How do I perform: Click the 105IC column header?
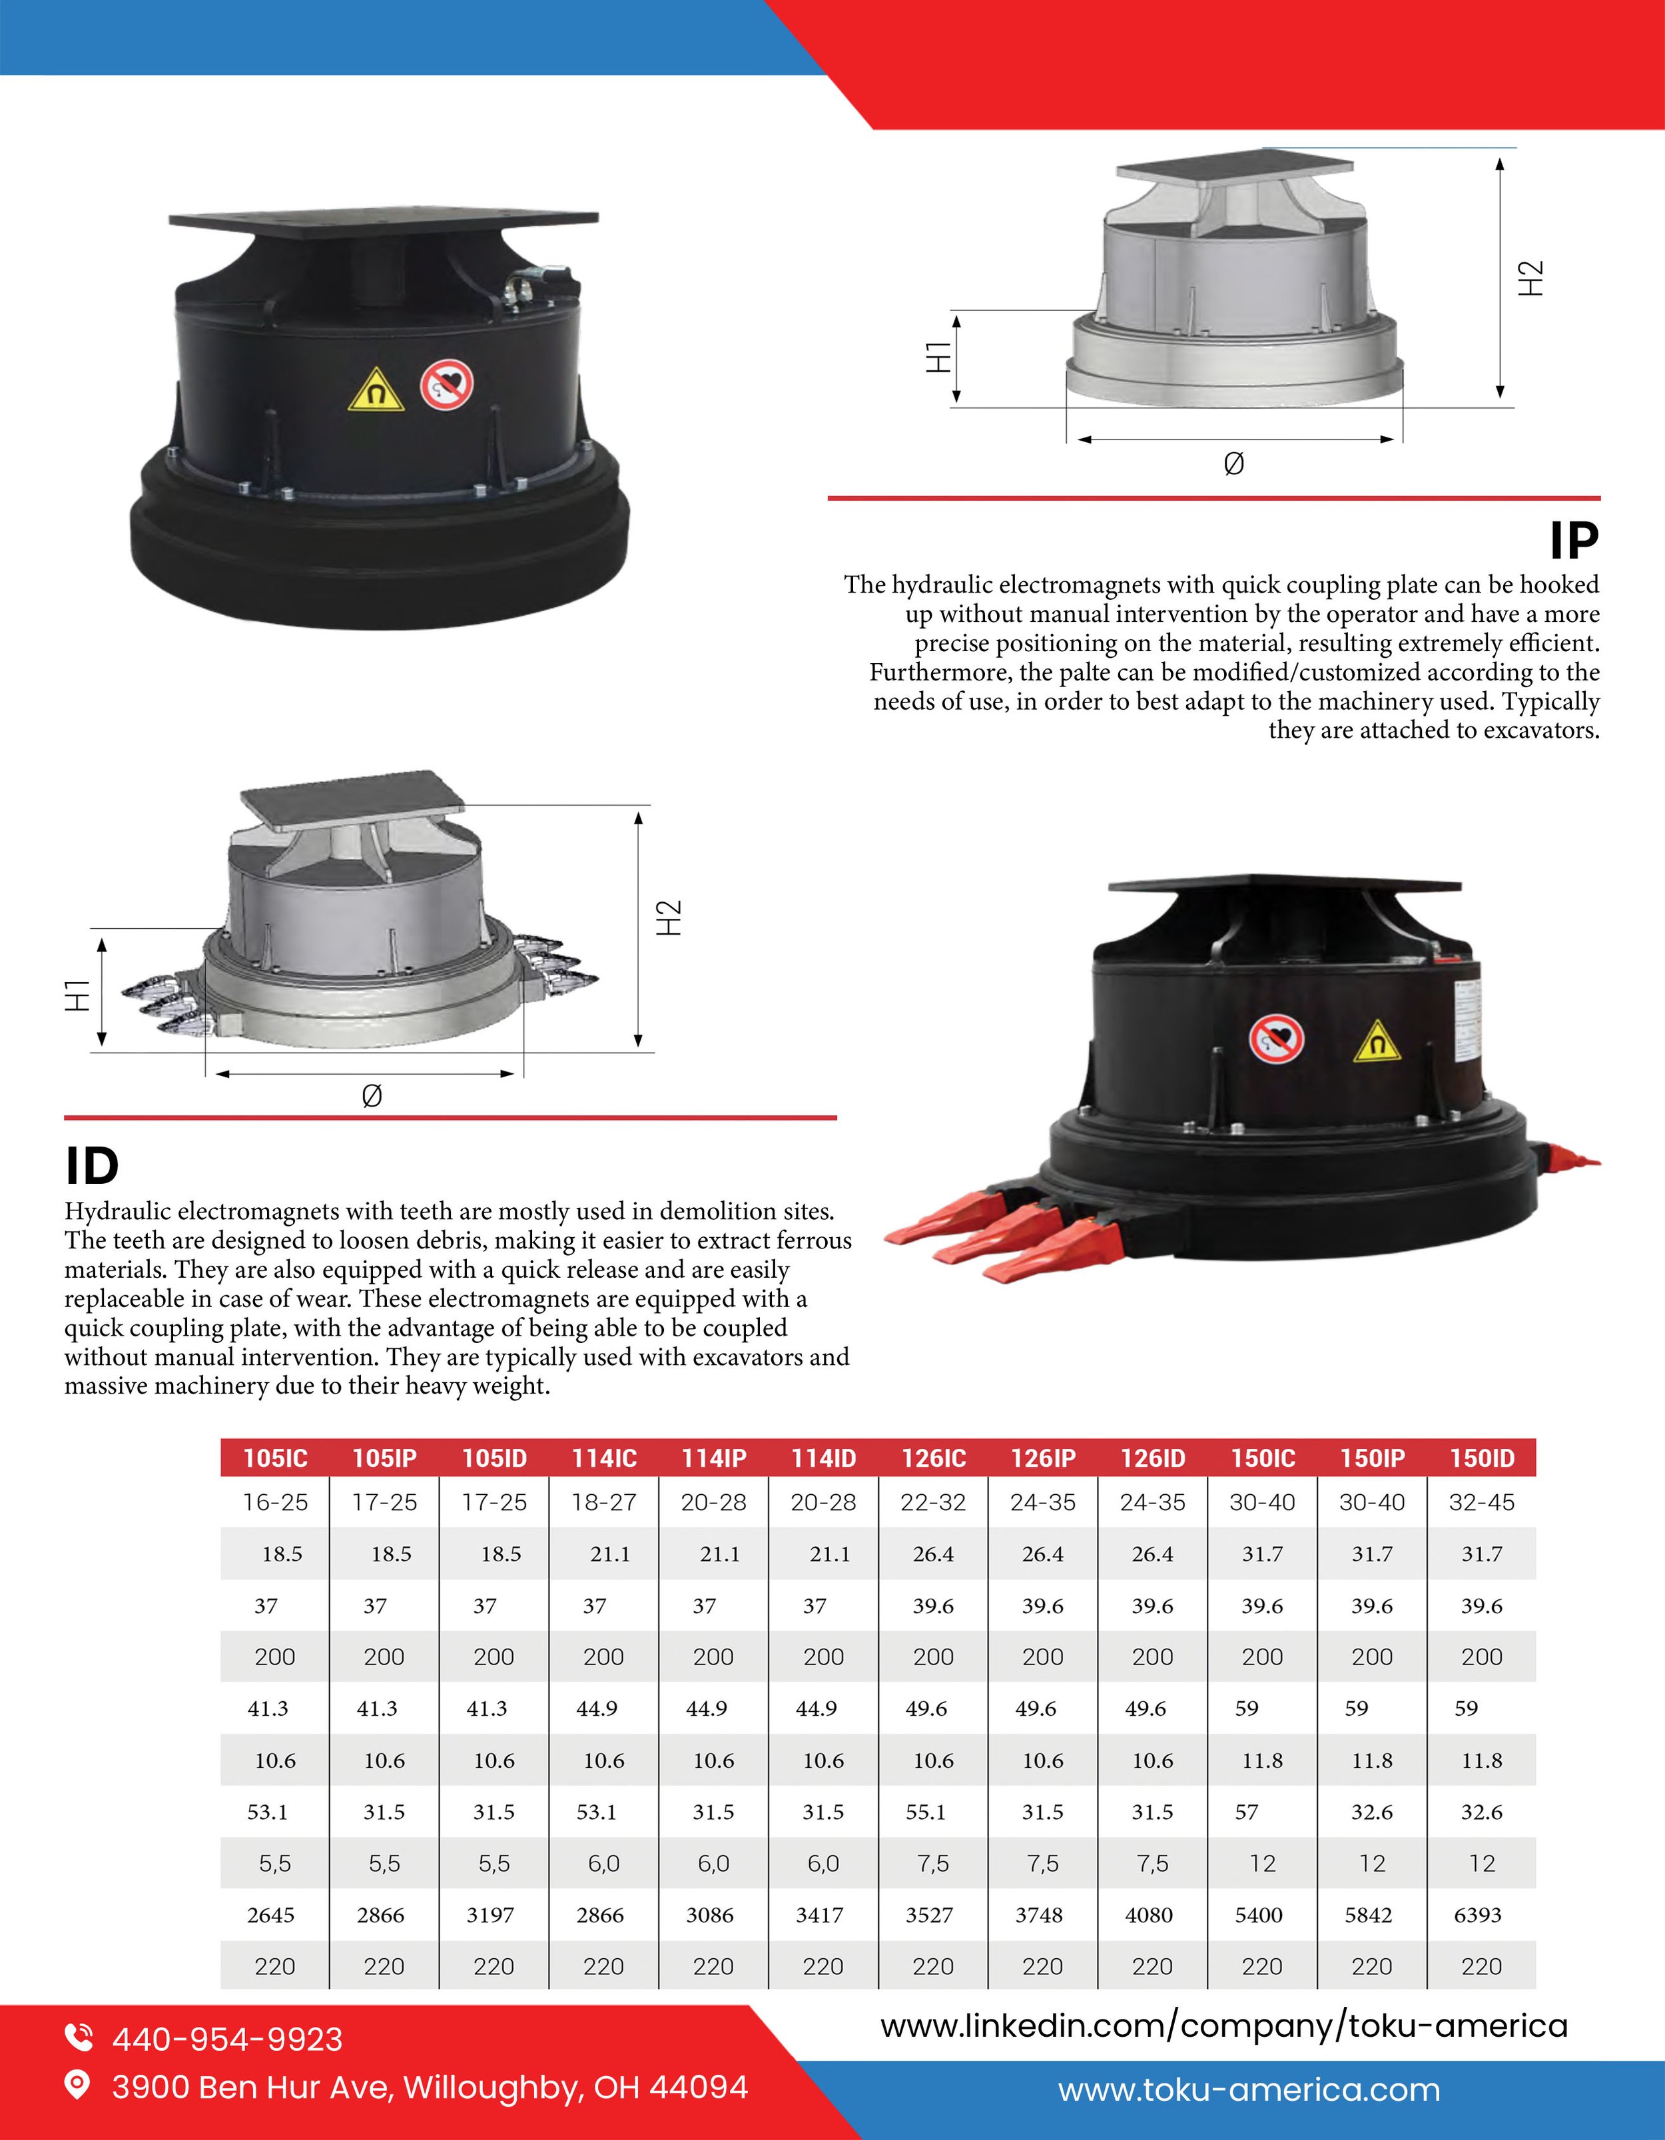[275, 1458]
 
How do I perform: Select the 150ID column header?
[1482, 1458]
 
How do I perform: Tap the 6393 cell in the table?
[1478, 1915]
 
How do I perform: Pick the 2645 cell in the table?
[270, 1915]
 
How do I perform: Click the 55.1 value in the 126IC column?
[926, 1812]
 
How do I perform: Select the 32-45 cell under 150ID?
[1482, 1502]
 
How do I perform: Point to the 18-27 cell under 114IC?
[603, 1502]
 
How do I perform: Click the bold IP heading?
[1574, 540]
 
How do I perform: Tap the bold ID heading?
[92, 1166]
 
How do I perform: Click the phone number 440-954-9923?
[227, 2039]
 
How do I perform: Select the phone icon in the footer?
[79, 2037]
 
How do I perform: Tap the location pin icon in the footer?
[77, 2086]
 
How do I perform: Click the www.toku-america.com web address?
[1249, 2090]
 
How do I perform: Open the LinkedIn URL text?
[1224, 2026]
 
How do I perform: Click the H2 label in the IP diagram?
[1530, 278]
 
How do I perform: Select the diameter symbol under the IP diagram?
[1234, 463]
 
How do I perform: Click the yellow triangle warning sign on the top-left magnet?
[376, 391]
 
